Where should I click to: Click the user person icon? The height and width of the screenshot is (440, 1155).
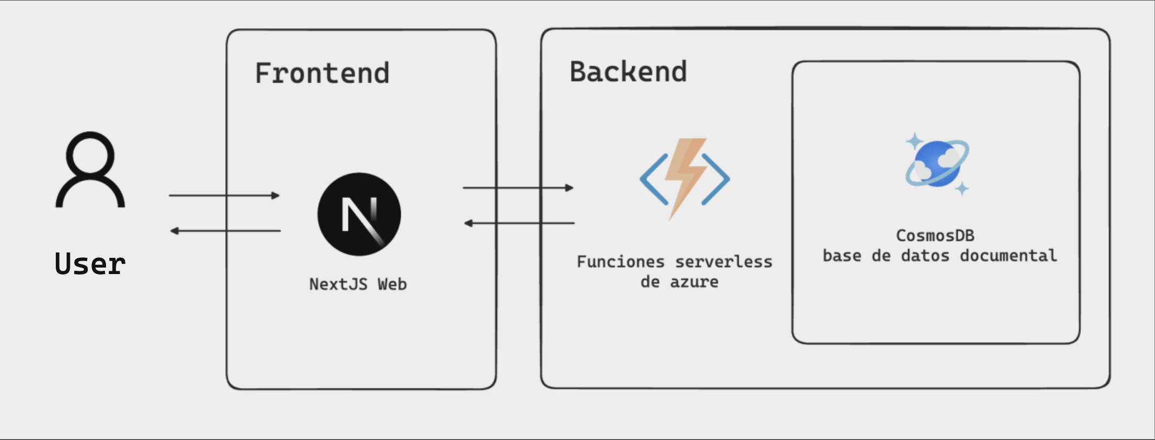[x=90, y=170]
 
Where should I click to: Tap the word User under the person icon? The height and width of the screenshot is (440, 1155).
[x=90, y=264]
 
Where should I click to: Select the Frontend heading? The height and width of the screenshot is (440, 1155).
[x=322, y=74]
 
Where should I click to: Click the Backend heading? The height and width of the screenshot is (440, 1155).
[x=628, y=72]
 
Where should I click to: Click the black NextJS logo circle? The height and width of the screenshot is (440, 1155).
[x=359, y=214]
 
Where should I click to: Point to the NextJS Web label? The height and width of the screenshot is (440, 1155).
[x=358, y=284]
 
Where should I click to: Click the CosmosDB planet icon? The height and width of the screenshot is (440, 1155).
[x=937, y=164]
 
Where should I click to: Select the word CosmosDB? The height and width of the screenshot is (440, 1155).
[x=935, y=236]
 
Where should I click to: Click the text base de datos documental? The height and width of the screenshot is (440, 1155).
[x=940, y=256]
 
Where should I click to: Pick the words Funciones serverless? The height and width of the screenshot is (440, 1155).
[x=674, y=262]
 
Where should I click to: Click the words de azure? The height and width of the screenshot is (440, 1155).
[x=679, y=282]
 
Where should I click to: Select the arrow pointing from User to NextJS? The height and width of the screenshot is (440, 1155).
[x=224, y=195]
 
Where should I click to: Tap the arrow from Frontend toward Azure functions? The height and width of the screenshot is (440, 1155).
[x=518, y=188]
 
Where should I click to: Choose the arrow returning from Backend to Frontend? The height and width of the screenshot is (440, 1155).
[x=519, y=223]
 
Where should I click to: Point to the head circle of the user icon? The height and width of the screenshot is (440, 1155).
[x=90, y=155]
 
